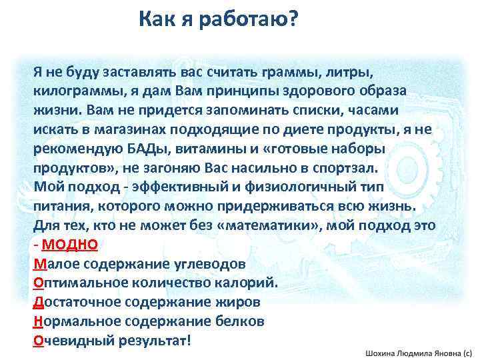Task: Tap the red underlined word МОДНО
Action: pyautogui.click(x=75, y=244)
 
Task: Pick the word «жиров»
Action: pyautogui.click(x=239, y=302)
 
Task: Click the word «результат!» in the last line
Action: pyautogui.click(x=156, y=341)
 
